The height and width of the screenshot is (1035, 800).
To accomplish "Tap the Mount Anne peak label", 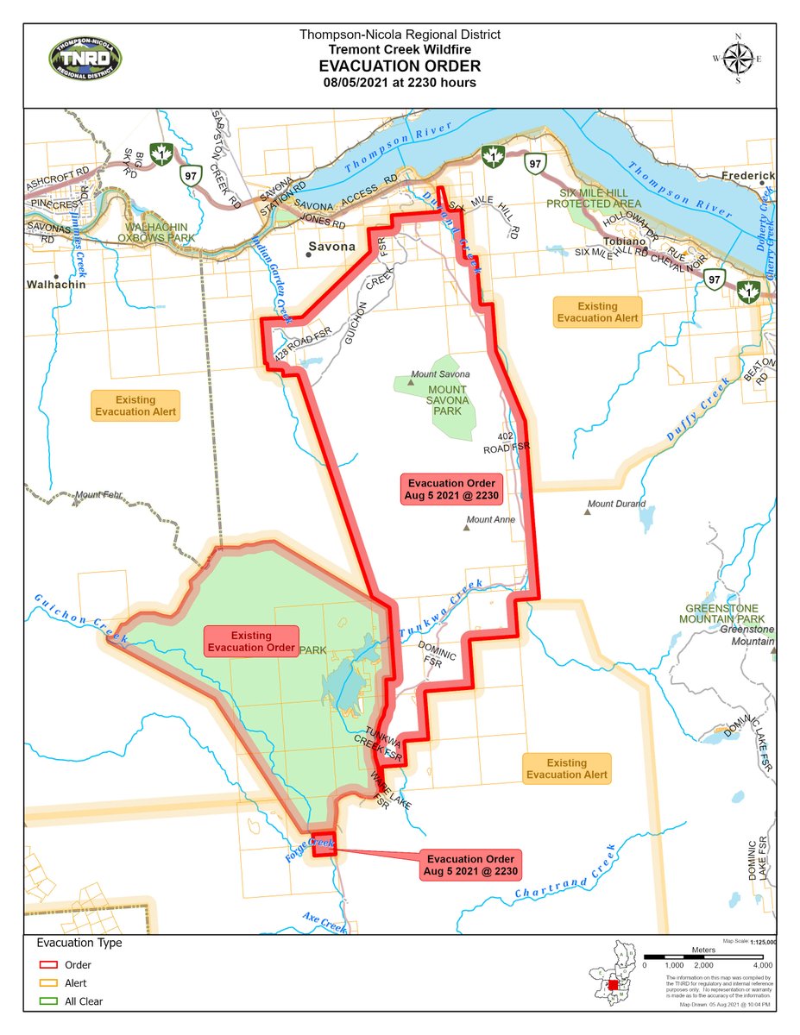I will click(x=491, y=520).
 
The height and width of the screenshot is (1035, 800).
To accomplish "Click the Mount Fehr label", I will click(x=101, y=496).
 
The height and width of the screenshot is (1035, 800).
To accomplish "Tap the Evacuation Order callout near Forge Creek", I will click(x=470, y=864).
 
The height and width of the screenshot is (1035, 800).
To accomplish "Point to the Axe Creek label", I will click(x=324, y=921).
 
